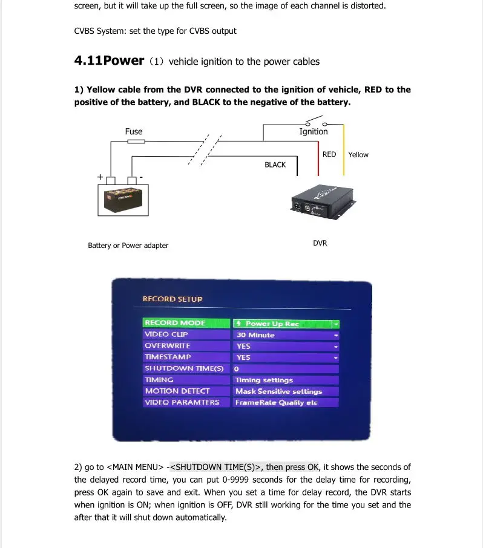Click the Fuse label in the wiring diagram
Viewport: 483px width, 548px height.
coord(134,131)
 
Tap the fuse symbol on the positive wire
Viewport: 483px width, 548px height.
coord(136,142)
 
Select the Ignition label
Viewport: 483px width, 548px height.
coord(314,132)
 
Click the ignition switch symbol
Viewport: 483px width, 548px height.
coord(317,121)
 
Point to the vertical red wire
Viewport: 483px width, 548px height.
coord(318,158)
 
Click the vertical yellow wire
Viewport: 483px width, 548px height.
coord(343,149)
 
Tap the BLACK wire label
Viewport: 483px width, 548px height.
coord(275,165)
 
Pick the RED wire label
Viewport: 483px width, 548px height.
coord(329,154)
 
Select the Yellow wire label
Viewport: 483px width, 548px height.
coord(358,155)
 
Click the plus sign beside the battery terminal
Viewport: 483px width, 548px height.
coord(100,177)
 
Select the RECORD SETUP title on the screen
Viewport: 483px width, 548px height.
coord(172,299)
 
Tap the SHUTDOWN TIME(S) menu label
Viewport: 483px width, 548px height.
coord(185,368)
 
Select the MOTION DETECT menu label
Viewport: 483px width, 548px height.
coord(177,391)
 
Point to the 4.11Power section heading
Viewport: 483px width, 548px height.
coord(109,60)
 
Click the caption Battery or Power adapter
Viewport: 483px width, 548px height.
coord(128,246)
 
